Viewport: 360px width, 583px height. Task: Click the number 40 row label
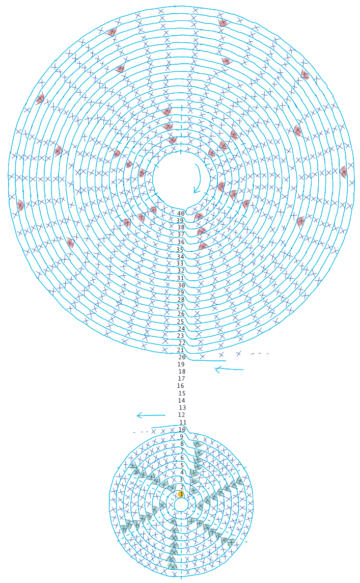pyautogui.click(x=181, y=214)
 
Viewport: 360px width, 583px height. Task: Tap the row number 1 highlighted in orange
pyautogui.click(x=181, y=494)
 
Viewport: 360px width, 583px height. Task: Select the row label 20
pyautogui.click(x=182, y=357)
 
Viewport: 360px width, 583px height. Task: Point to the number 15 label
pyautogui.click(x=182, y=393)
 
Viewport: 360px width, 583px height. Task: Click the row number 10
pyautogui.click(x=182, y=430)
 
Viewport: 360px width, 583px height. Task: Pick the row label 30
pyautogui.click(x=181, y=285)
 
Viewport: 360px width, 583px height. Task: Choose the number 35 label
pyautogui.click(x=180, y=250)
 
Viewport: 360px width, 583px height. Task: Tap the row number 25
pyautogui.click(x=181, y=321)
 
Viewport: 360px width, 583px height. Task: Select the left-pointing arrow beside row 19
pyautogui.click(x=229, y=369)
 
